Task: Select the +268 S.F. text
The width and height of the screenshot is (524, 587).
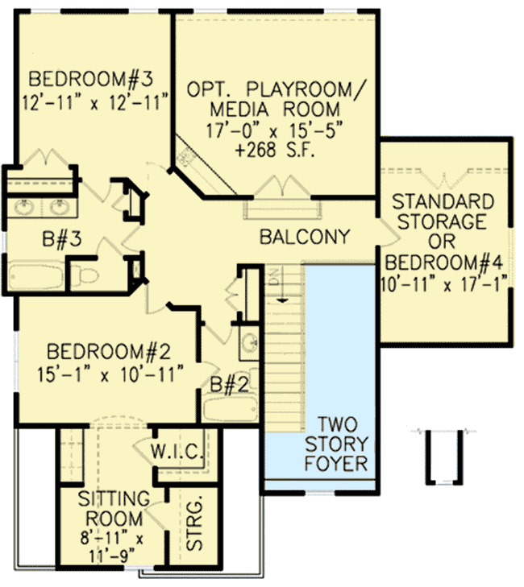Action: (273, 151)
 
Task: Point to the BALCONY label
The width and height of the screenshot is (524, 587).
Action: (305, 237)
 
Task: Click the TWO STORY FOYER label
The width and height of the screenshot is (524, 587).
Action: (342, 444)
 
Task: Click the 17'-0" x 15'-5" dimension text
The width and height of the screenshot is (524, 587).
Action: (273, 129)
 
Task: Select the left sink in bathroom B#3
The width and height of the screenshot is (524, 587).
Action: (25, 209)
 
